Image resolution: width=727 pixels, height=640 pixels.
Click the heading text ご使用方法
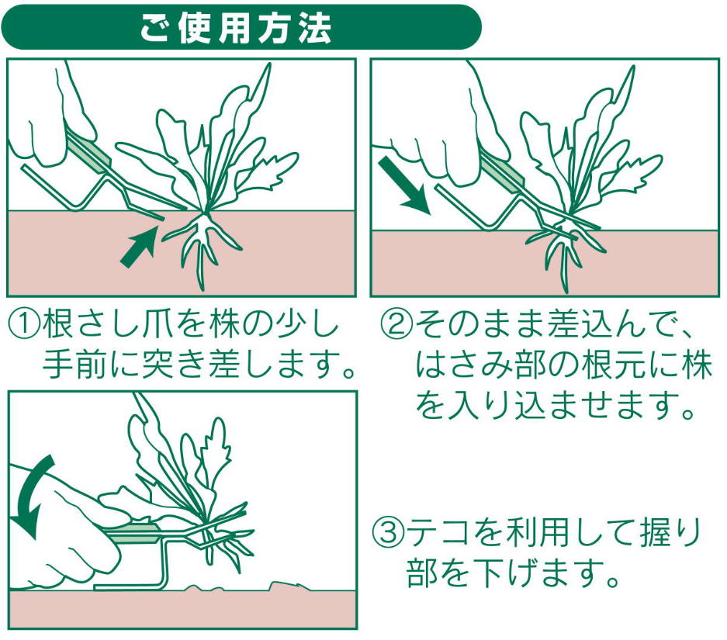236,28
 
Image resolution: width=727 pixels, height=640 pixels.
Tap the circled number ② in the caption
396,324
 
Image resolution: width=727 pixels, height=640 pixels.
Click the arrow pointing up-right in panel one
139,244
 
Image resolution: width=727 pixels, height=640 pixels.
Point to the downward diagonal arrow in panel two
404,185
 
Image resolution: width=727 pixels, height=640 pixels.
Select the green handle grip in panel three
133,533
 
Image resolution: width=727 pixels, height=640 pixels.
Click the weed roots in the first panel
203,246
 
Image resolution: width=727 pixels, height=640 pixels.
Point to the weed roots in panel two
563,255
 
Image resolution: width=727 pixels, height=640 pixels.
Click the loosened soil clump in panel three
289,586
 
